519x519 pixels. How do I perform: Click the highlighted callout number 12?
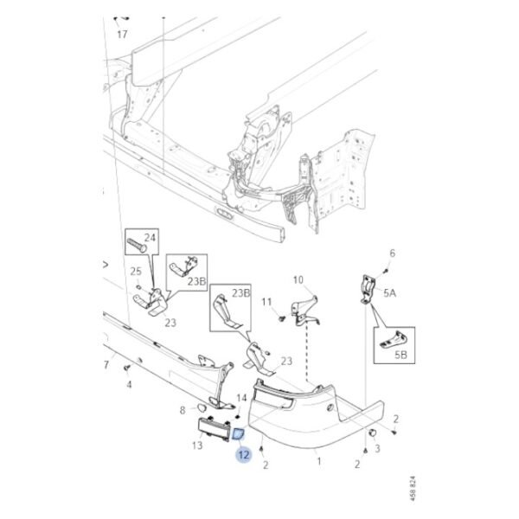point(245,454)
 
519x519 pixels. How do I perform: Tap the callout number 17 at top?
point(121,35)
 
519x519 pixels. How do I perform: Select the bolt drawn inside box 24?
point(139,246)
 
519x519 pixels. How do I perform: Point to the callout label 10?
point(298,280)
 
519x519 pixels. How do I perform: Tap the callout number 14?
point(241,399)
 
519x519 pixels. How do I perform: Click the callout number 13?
point(197,445)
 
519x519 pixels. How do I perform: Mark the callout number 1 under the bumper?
point(317,462)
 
